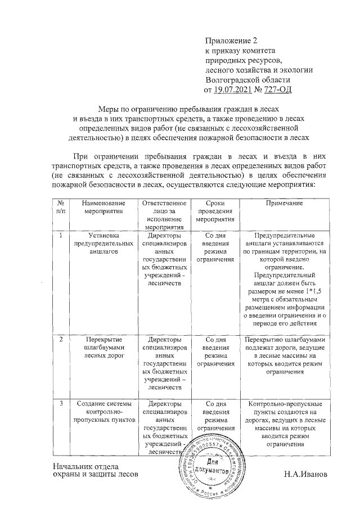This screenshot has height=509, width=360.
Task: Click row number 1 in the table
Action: tap(60, 235)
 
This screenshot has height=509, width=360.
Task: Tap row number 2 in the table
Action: tap(60, 340)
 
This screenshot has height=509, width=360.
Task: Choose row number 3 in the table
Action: tap(60, 404)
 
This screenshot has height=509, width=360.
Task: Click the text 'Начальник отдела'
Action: tap(84, 466)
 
